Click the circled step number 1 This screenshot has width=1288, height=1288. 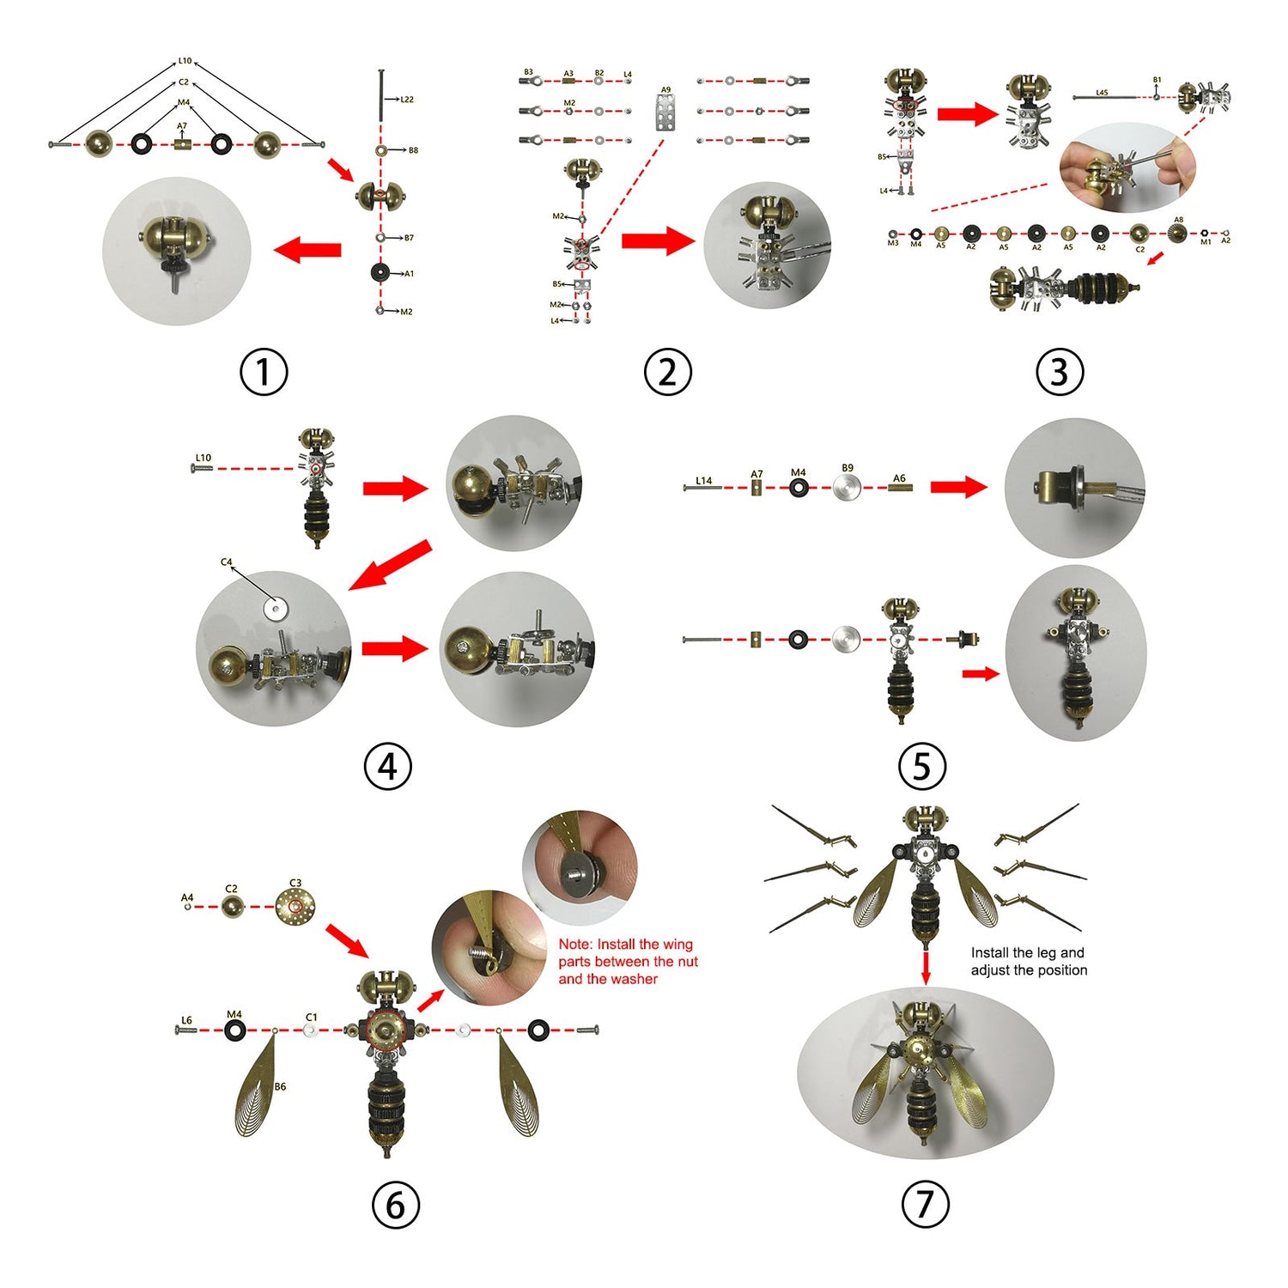[x=264, y=372]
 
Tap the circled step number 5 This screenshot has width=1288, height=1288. [x=921, y=766]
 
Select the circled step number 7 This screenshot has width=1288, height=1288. [x=925, y=1204]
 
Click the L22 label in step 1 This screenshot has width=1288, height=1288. [x=407, y=100]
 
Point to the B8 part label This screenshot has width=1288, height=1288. [x=413, y=150]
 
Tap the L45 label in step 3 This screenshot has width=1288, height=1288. [x=1102, y=93]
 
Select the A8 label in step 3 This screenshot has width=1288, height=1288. [x=1178, y=220]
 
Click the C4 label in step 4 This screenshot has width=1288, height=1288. [x=227, y=562]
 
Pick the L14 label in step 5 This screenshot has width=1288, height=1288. [x=704, y=481]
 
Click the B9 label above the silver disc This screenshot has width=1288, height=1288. [x=848, y=468]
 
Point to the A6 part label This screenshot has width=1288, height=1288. [x=899, y=478]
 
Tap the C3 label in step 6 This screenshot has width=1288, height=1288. [x=295, y=883]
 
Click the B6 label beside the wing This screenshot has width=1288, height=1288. [x=280, y=1086]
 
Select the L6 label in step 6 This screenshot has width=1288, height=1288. [x=186, y=1020]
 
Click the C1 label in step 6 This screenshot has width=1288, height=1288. [x=311, y=1018]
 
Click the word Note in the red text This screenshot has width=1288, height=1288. [x=574, y=945]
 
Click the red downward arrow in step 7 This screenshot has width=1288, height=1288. [x=926, y=967]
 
